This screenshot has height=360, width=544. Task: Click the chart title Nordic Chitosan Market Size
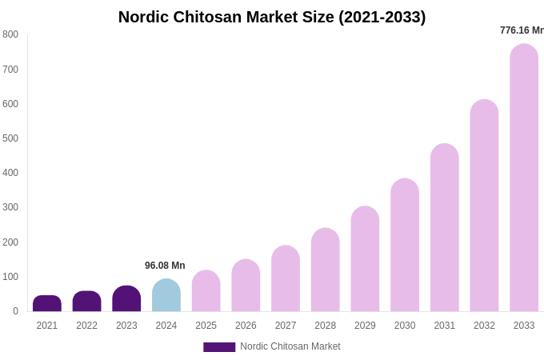point(272,17)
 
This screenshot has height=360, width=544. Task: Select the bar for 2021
point(47,304)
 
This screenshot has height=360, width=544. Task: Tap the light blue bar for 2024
point(166,296)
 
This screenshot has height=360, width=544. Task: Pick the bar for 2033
point(524,178)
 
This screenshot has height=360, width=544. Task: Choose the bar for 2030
point(405,245)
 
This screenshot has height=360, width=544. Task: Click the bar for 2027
point(286,278)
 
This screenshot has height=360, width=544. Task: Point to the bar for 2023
point(126,299)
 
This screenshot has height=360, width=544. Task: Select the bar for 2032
point(484,206)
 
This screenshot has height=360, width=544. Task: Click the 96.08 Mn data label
point(165,266)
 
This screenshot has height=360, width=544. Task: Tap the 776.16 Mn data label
point(522,30)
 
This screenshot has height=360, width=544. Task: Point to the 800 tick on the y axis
point(10,34)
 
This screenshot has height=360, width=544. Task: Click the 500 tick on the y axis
point(10,138)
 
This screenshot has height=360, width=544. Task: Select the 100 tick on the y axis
point(10,277)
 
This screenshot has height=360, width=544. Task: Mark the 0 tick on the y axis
point(15,311)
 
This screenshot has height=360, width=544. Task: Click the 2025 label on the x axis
point(206,326)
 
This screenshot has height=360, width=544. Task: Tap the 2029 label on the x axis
point(365,326)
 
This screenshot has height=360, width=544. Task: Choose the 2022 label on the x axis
point(87,326)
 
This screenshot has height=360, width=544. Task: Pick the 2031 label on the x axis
point(445,326)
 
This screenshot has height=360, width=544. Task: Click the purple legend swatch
point(219,347)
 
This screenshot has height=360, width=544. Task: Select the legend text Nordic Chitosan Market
point(290,346)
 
